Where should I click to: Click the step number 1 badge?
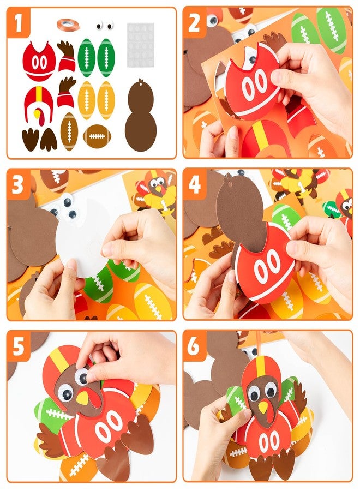(x=19, y=23)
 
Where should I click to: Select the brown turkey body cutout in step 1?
(x=140, y=117)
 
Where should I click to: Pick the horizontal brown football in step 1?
(x=97, y=136)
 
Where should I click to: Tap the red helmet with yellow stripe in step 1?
(x=38, y=104)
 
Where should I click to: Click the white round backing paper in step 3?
(x=87, y=235)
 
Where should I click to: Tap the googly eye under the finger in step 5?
(x=82, y=375)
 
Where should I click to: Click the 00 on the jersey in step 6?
(x=269, y=441)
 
